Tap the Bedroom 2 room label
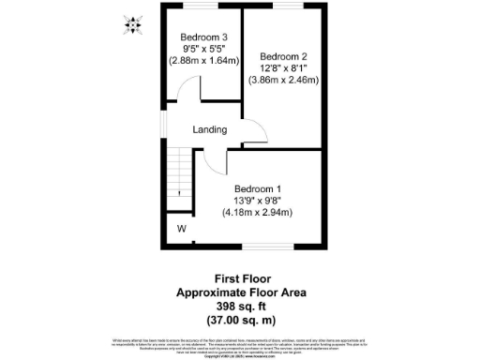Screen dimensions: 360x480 [283, 55]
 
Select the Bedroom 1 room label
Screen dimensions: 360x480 [258, 187]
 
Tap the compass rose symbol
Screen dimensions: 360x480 [132, 24]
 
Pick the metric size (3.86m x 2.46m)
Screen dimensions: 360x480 [283, 80]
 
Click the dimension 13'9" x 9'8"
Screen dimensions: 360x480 [258, 200]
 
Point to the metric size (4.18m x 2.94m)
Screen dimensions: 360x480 [258, 212]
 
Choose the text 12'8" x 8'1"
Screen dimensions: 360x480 [283, 67]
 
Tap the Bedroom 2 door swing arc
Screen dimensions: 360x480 [253, 131]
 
